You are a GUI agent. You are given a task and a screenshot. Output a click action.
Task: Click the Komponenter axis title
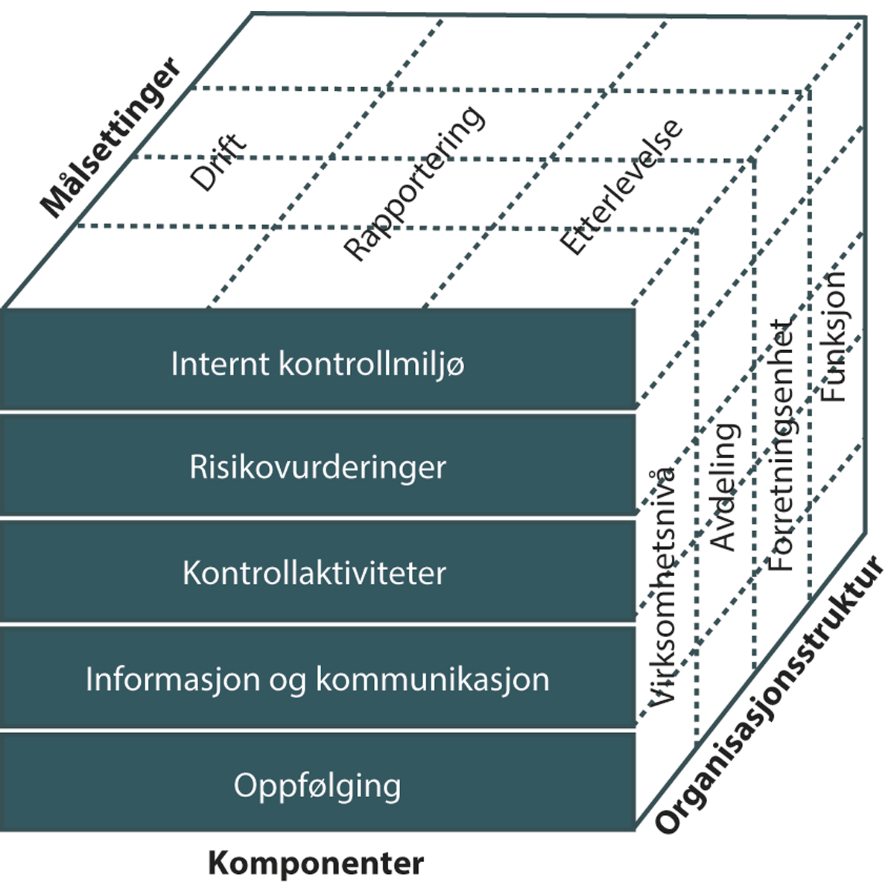pos(316,863)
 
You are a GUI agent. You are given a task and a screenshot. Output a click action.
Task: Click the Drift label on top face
pos(218,162)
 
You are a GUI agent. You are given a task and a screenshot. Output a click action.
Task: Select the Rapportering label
pos(413,183)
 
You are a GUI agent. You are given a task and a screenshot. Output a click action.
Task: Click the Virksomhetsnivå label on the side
pos(662,585)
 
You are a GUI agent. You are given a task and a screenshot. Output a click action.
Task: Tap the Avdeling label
pos(724,486)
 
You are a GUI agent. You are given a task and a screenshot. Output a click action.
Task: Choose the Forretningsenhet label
pos(781,446)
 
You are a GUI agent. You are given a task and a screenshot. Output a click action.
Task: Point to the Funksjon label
pos(834,335)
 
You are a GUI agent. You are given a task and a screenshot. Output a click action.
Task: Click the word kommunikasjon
pos(433,679)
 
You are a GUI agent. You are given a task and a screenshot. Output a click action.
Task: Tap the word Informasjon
pos(171,679)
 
